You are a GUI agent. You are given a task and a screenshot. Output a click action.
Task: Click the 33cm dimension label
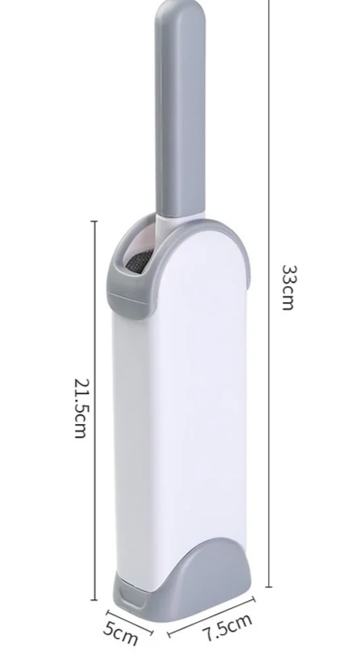point(288,288)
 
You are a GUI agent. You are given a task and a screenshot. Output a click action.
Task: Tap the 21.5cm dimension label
point(81,408)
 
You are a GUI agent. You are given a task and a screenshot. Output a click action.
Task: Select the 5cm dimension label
point(121,633)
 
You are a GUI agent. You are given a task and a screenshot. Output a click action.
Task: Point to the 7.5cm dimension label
point(228,628)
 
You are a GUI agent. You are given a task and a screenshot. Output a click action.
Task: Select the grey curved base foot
point(196,579)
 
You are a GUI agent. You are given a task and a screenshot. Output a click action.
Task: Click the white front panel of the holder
point(200,392)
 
